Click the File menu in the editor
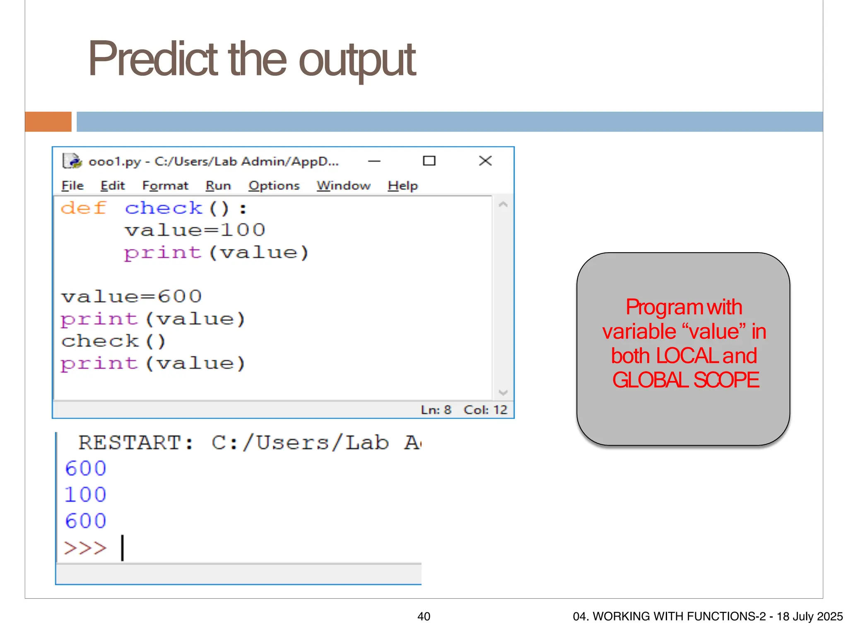(x=72, y=185)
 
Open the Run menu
(x=218, y=185)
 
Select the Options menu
(x=274, y=185)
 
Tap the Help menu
(x=402, y=185)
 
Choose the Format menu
(x=165, y=185)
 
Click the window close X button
(x=485, y=161)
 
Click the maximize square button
(x=429, y=161)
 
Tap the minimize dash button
(x=374, y=161)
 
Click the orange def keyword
(x=84, y=208)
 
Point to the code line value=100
(x=195, y=230)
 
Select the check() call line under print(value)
(x=113, y=342)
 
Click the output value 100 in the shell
(x=86, y=495)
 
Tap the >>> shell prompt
(x=85, y=548)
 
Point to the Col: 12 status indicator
(x=485, y=410)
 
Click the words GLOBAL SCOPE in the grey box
(x=686, y=380)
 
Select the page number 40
(x=424, y=617)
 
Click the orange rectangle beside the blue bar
(x=48, y=122)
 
